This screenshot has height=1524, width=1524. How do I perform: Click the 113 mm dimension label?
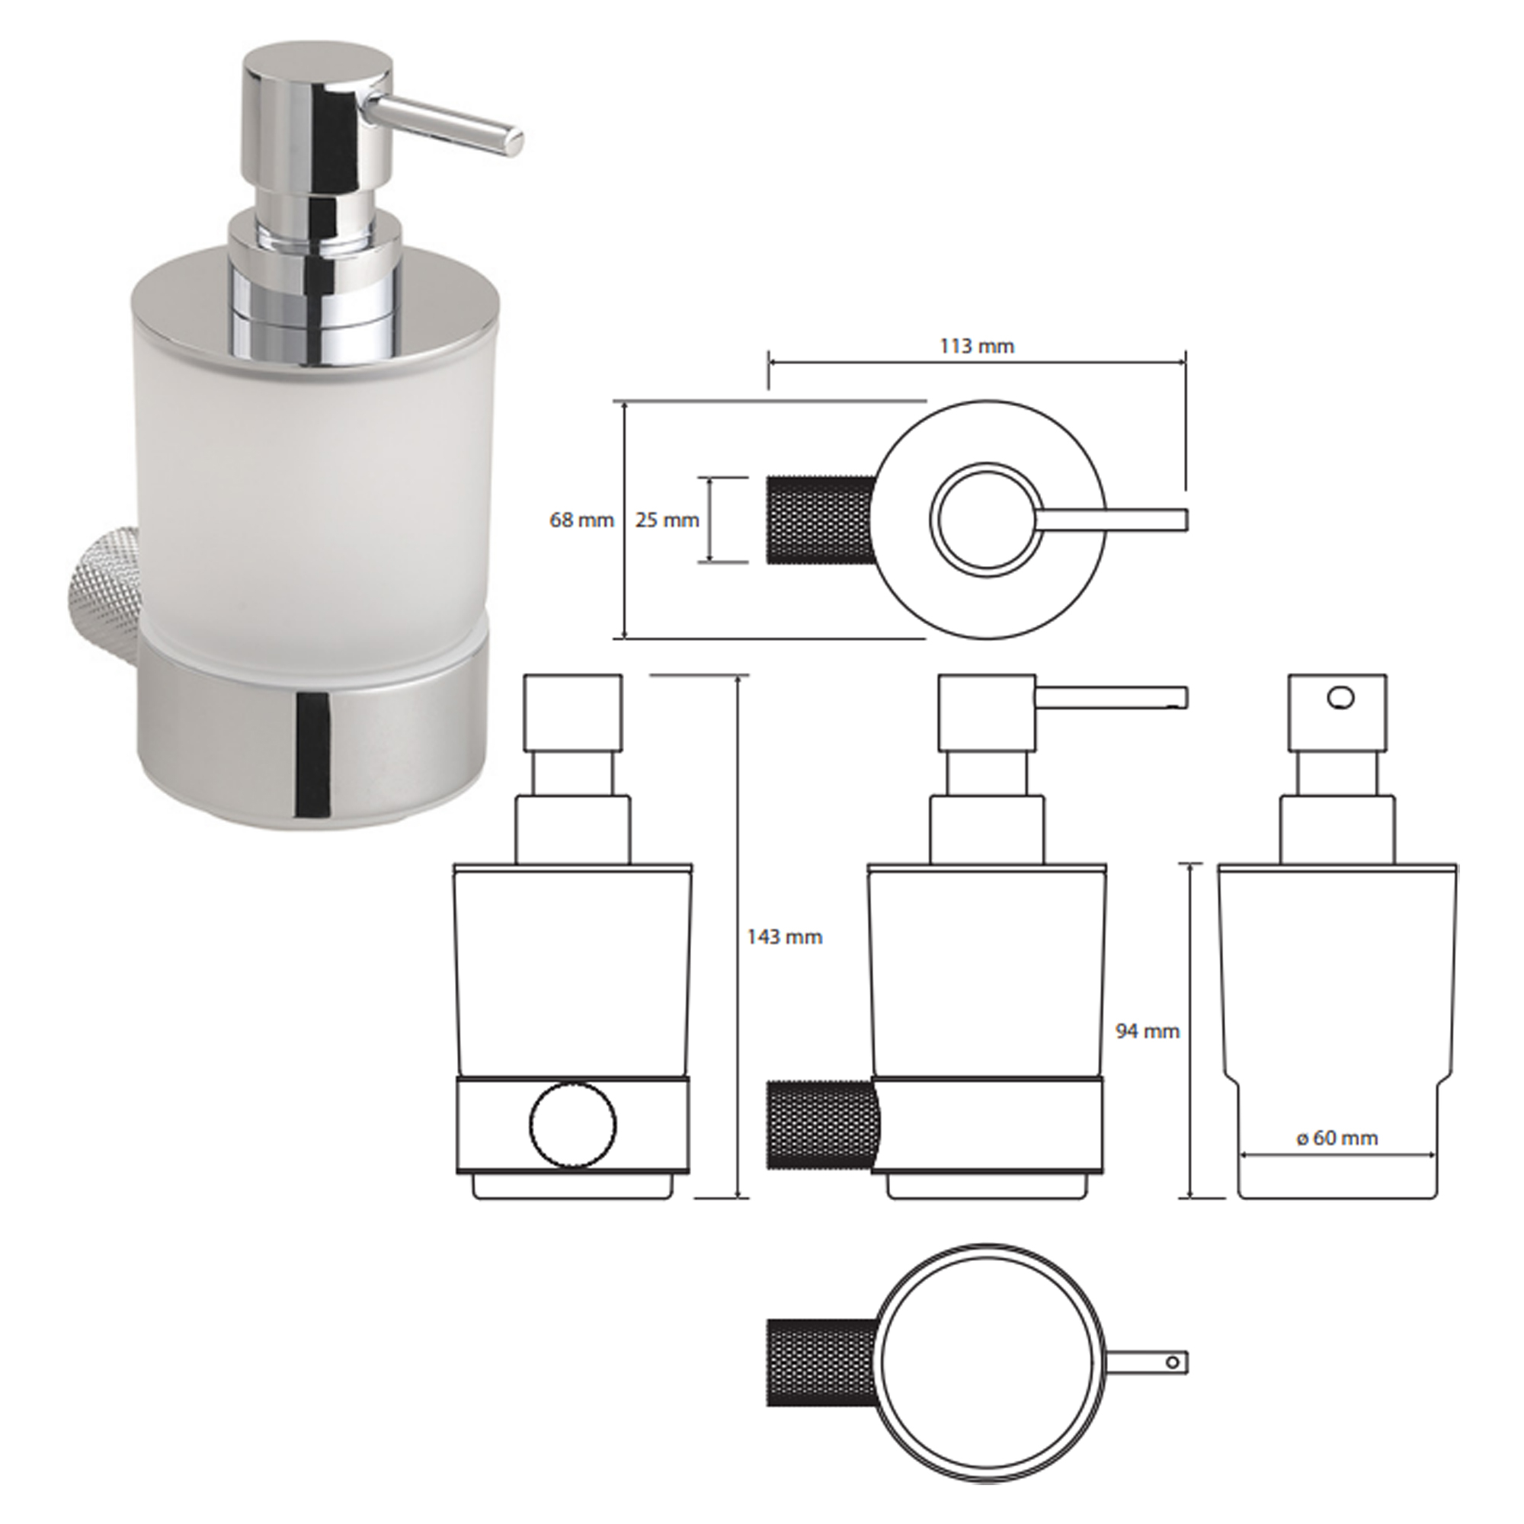977,346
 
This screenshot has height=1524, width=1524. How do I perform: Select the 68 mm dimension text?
581,520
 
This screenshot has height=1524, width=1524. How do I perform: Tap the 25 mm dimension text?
668,520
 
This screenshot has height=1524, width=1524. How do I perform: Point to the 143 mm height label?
784,937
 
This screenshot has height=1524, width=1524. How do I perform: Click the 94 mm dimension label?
1147,1031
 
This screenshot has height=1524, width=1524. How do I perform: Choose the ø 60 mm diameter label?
1337,1138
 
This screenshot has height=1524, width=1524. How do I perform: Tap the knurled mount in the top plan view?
820,520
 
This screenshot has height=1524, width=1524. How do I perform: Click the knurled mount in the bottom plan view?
820,1362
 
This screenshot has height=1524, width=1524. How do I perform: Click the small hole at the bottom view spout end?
1172,1362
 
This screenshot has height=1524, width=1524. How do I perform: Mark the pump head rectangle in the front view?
574,712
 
